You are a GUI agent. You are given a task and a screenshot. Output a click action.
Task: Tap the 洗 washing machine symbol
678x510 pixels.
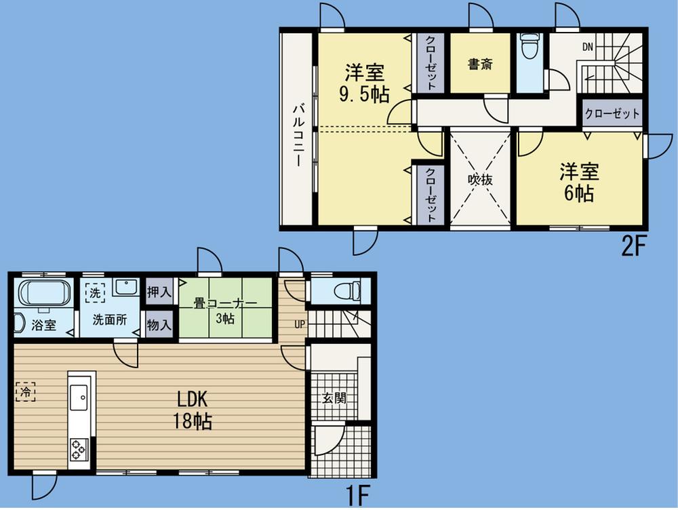pos(94,292)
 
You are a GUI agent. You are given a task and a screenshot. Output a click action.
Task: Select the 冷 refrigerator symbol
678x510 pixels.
pos(25,391)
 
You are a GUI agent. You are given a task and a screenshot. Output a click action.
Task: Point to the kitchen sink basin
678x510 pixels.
pos(79,395)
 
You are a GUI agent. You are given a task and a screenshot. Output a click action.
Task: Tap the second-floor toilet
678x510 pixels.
pos(529,48)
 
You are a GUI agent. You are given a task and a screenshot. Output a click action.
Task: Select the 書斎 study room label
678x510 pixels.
pos(480,64)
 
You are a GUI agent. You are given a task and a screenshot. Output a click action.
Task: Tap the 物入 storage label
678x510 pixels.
pos(159,325)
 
